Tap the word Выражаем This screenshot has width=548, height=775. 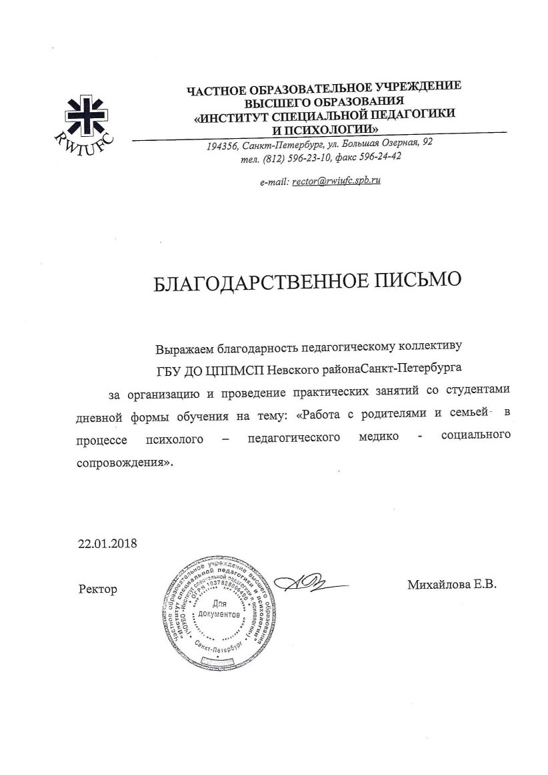pyautogui.click(x=183, y=348)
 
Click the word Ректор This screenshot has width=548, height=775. pyautogui.click(x=97, y=589)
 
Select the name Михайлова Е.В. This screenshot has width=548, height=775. pyautogui.click(x=453, y=585)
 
